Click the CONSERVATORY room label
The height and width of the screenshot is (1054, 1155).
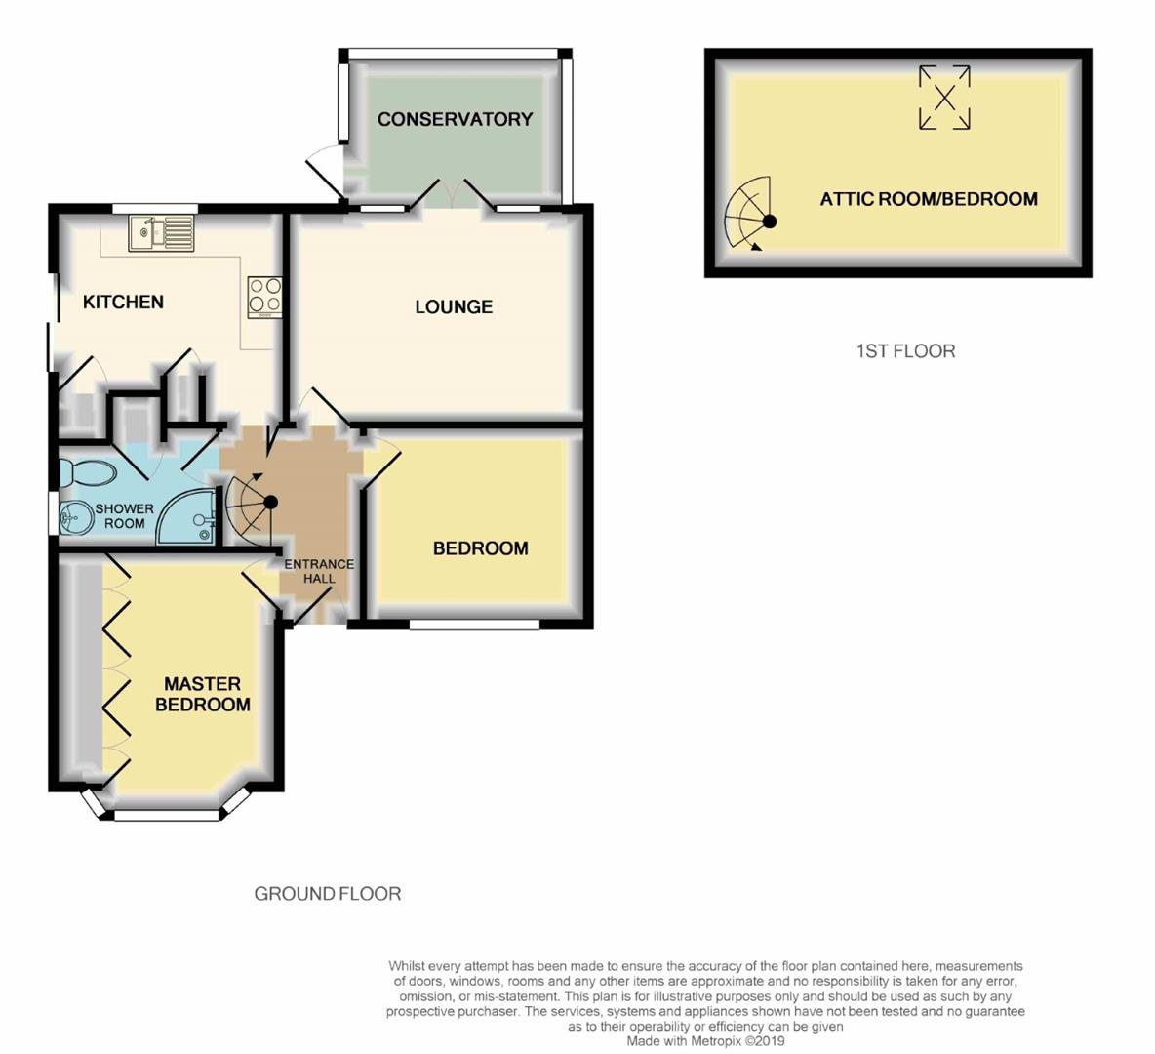point(455,119)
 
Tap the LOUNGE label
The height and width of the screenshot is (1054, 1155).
point(454,306)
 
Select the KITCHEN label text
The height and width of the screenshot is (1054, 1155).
point(123,302)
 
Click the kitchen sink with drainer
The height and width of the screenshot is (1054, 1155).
point(162,233)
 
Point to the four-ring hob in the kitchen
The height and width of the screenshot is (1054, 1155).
point(264,297)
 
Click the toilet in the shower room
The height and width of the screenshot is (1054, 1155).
point(86,472)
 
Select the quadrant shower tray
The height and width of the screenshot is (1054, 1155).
point(186,516)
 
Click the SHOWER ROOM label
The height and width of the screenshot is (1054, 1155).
point(125,516)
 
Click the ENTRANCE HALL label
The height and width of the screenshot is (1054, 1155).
point(319,571)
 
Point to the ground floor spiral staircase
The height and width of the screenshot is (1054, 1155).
point(249,505)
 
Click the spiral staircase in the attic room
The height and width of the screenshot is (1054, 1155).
point(748,215)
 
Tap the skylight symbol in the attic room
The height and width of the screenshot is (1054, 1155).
point(944,98)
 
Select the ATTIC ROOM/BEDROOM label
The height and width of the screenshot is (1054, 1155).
point(929,199)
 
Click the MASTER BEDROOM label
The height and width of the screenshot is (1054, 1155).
point(203,694)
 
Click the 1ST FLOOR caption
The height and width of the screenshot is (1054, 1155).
point(905,350)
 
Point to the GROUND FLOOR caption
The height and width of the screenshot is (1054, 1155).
point(328,894)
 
